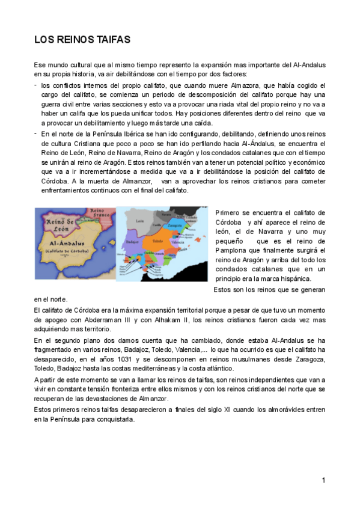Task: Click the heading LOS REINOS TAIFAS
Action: [x=82, y=40]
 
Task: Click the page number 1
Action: [x=323, y=480]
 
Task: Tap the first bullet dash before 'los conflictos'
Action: [x=35, y=85]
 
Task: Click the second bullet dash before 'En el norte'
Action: [x=35, y=133]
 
